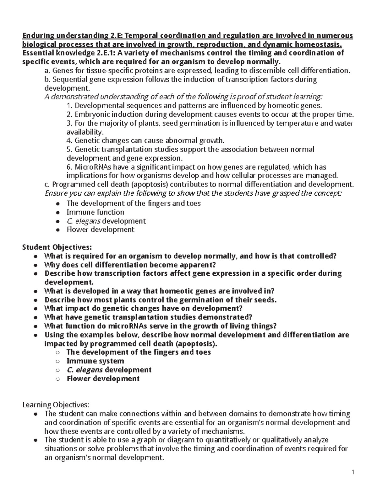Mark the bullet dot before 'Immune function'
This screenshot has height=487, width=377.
click(57, 213)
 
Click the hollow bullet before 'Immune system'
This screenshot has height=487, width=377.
click(57, 362)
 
